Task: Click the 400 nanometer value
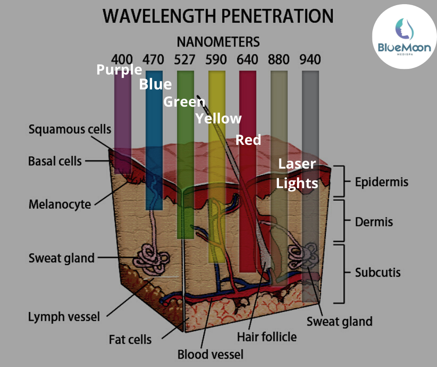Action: click(x=123, y=60)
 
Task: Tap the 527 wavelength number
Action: click(x=185, y=60)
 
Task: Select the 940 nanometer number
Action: click(x=310, y=60)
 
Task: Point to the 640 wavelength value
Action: click(x=247, y=60)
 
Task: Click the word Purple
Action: click(x=119, y=70)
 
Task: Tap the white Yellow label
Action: click(x=218, y=119)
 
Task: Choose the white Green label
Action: click(x=185, y=102)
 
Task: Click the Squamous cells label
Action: click(x=70, y=129)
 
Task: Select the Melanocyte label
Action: click(x=60, y=204)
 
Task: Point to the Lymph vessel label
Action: click(x=64, y=317)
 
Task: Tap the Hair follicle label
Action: click(x=266, y=336)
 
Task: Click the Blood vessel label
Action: click(x=210, y=355)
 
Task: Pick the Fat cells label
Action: click(x=130, y=339)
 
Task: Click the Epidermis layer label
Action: click(x=381, y=182)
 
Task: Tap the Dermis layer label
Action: click(x=374, y=222)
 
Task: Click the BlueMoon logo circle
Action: click(x=404, y=37)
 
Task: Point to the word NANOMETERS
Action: click(x=218, y=41)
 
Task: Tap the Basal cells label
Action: click(x=55, y=162)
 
